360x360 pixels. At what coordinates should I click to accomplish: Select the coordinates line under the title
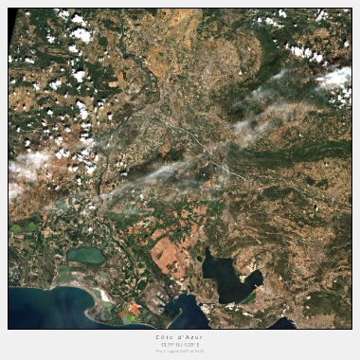pos(179,344)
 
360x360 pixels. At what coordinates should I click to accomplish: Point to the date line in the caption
pos(179,351)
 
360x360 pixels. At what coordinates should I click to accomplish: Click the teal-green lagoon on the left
pos(86,255)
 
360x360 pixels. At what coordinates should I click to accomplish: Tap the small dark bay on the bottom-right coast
pos(281,323)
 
